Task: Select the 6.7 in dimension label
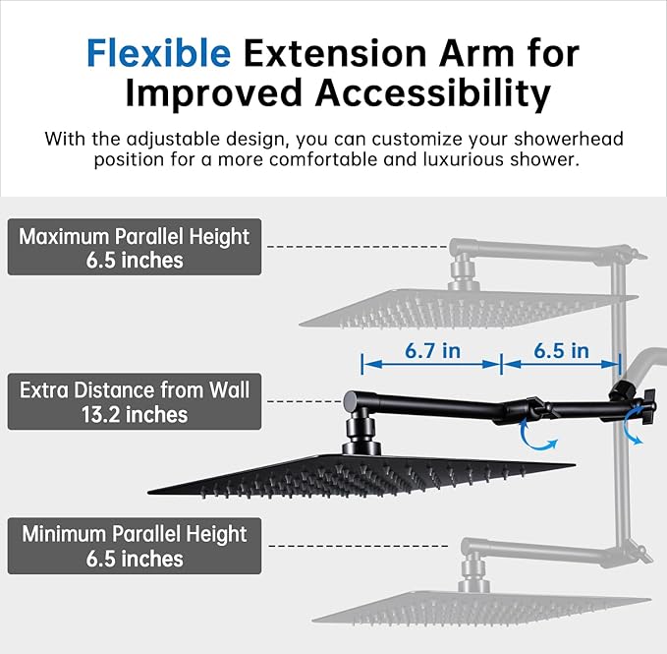pos(431,350)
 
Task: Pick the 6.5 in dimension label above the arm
pos(561,350)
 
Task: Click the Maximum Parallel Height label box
pos(135,247)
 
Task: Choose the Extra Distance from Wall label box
pos(135,401)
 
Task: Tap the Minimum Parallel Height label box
pos(135,546)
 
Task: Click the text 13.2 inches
pos(135,414)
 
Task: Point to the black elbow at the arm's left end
pos(351,400)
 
